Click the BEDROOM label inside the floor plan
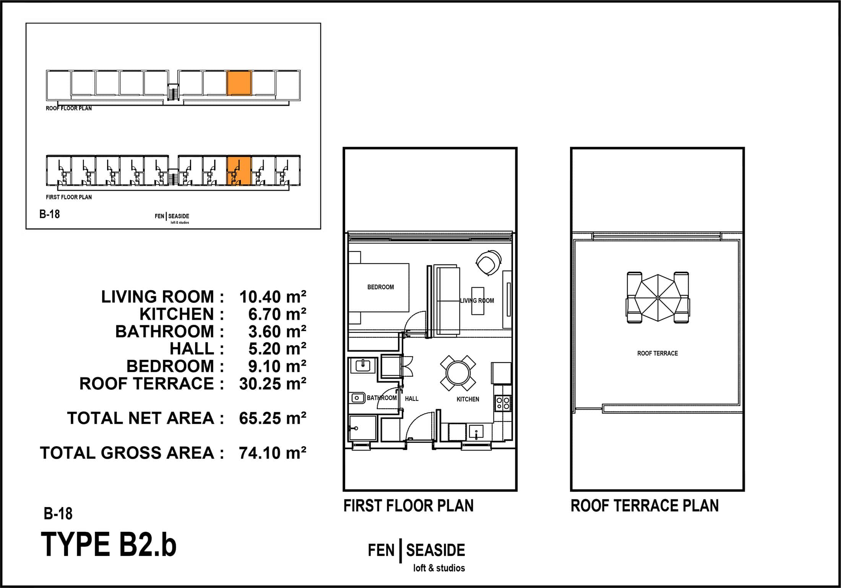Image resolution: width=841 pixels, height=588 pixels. (380, 287)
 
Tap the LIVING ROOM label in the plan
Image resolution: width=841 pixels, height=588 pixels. (477, 301)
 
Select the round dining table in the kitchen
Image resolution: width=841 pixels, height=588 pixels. (458, 371)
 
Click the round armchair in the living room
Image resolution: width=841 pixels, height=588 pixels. (488, 262)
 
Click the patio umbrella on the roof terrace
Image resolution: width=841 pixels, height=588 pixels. (658, 298)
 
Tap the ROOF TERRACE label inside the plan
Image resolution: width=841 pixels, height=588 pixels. (658, 353)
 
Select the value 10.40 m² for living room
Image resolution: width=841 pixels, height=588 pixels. (273, 297)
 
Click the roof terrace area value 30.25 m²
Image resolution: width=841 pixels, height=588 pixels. (273, 384)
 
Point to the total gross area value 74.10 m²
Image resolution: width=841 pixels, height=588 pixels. (273, 453)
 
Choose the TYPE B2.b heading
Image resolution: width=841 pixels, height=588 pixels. (109, 545)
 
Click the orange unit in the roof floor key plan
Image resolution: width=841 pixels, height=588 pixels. (239, 83)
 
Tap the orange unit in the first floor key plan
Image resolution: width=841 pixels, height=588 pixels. (239, 171)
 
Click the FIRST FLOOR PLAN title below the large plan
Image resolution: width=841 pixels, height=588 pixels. (408, 506)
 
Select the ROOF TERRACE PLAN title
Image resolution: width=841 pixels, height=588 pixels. (645, 506)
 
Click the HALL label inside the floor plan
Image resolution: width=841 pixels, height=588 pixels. (412, 399)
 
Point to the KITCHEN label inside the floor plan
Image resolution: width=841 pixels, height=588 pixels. (468, 399)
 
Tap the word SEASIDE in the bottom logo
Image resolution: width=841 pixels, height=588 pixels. (435, 551)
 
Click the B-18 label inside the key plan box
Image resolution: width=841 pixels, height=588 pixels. (50, 214)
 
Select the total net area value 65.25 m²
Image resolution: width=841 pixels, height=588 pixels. (273, 418)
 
